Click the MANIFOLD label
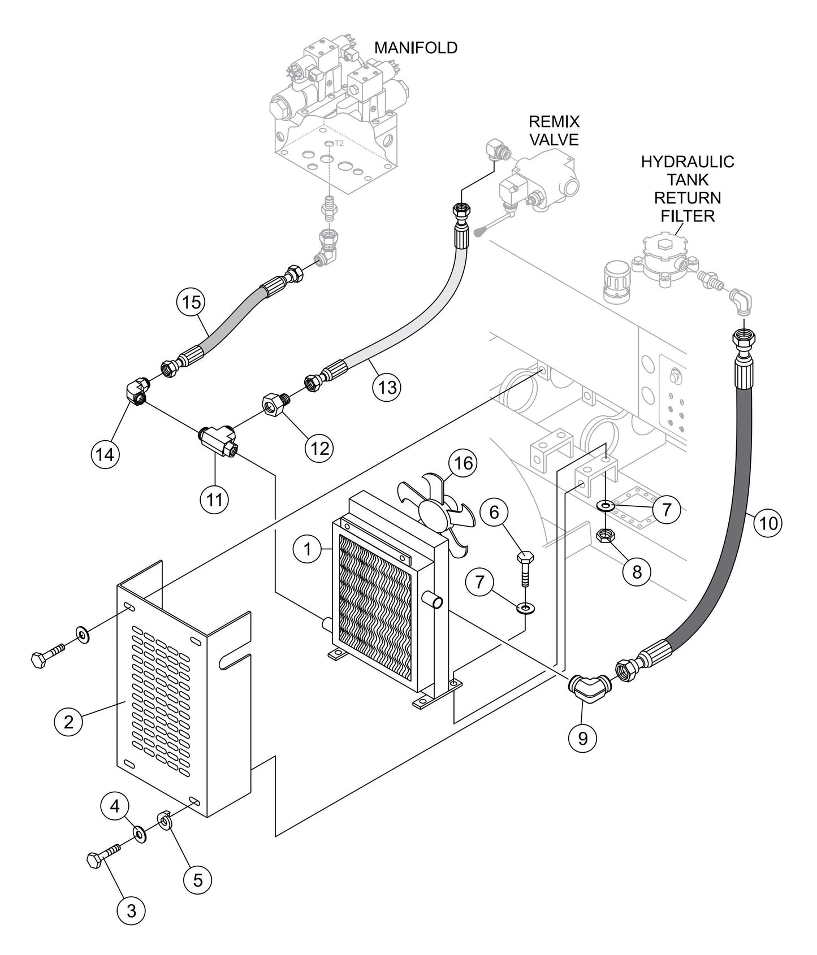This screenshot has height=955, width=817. (x=416, y=47)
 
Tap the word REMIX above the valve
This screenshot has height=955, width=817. (x=554, y=121)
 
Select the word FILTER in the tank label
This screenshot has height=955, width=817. (x=687, y=215)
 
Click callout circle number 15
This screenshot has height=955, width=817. (x=192, y=302)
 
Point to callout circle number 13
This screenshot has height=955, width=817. (x=387, y=387)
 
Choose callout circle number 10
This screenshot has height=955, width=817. (x=768, y=523)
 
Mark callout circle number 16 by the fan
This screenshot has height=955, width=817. (x=462, y=463)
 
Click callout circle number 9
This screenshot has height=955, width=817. (x=583, y=737)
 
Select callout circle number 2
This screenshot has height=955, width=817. (x=68, y=722)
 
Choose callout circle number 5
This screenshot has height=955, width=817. (x=197, y=879)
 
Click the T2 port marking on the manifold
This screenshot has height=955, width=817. (x=339, y=144)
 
